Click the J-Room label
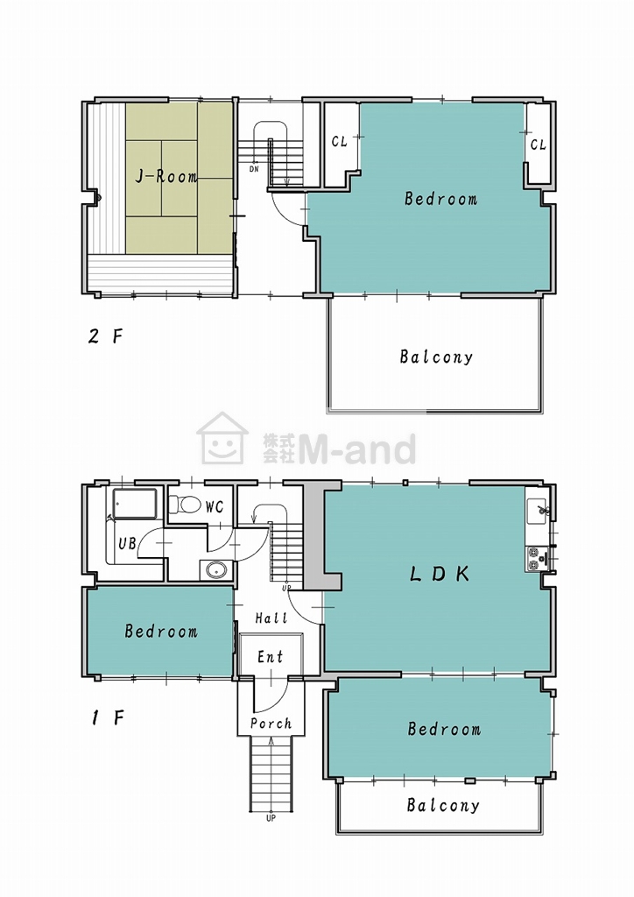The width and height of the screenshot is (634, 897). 166,176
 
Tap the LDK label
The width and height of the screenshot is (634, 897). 440,574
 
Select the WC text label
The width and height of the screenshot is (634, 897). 215,507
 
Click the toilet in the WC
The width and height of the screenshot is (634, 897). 185,505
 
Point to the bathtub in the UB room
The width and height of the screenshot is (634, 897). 135,504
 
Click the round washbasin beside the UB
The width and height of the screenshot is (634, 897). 216,570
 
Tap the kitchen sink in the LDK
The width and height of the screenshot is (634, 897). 538,510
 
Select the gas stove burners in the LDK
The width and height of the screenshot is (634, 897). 534,558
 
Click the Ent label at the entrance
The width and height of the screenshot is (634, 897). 270,657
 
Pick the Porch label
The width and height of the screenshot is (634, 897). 271,724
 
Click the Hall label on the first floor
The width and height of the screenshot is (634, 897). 271,618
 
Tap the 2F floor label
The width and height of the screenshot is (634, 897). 105,335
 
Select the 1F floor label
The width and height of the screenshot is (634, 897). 108,718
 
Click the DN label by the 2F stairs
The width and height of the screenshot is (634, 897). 255,169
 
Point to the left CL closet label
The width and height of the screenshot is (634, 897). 340,141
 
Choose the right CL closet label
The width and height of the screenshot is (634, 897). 538,145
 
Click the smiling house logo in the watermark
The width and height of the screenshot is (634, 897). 222,438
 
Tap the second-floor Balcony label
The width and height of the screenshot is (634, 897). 436,357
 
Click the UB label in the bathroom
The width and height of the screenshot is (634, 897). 128,543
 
